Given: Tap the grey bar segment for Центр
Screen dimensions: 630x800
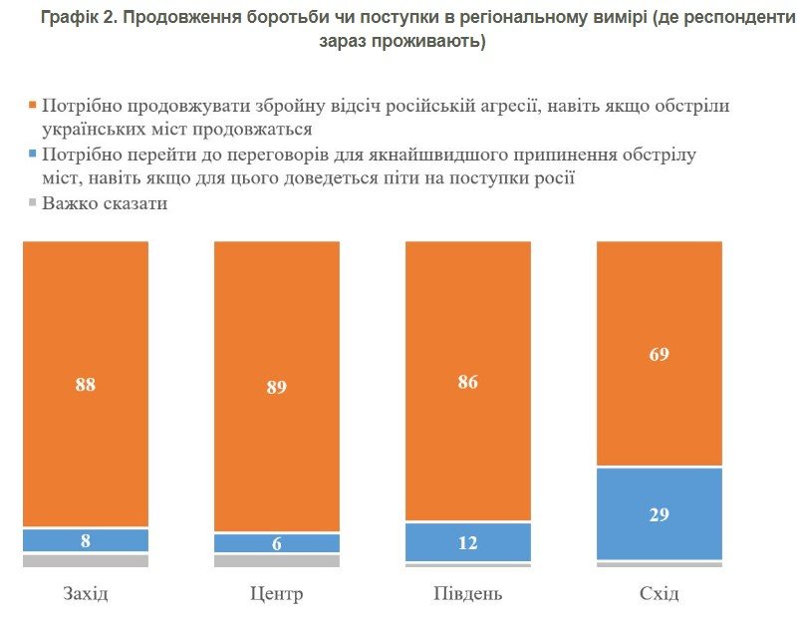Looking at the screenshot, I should [x=277, y=561].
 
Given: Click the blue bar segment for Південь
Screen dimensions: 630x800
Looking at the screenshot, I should [x=468, y=542].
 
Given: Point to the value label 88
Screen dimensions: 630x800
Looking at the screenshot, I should [x=86, y=384].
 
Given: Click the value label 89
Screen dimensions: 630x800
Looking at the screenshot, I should [x=277, y=388].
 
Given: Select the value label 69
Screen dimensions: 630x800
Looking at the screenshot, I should [x=659, y=353].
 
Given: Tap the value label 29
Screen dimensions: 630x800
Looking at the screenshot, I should [x=659, y=515].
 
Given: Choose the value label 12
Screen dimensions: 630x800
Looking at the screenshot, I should [x=468, y=543].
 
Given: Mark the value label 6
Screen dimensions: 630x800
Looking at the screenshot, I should [x=277, y=544].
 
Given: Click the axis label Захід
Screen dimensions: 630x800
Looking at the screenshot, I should [x=86, y=594].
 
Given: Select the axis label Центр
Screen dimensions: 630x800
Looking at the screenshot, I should [x=277, y=594].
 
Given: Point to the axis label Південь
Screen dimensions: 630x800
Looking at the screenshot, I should [x=468, y=594].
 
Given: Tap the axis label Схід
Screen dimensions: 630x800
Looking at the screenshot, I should [x=659, y=594].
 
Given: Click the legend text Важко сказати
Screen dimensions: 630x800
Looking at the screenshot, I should [x=105, y=204].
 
